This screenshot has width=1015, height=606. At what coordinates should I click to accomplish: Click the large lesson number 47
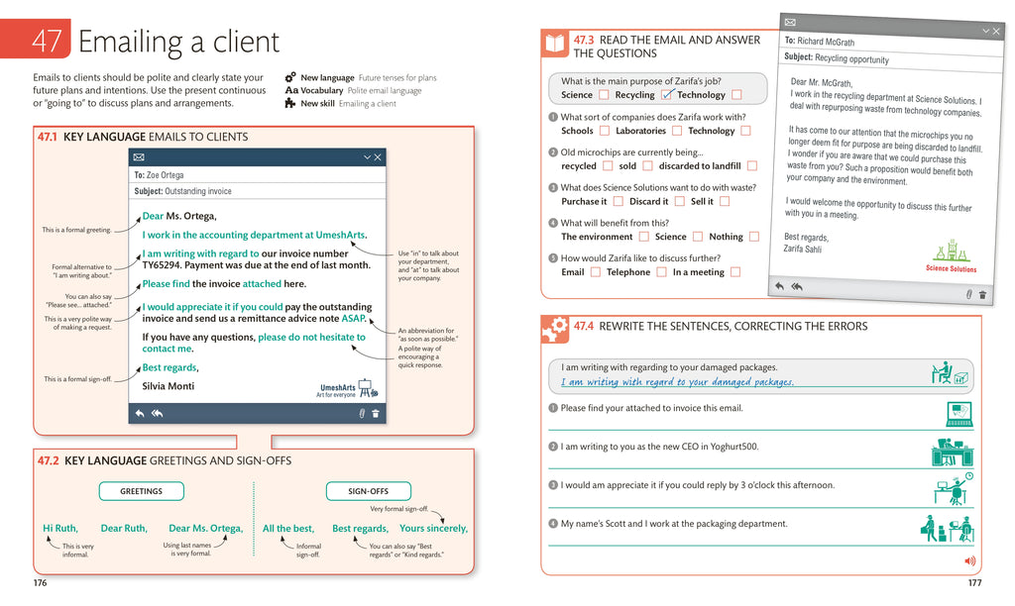pos(48,41)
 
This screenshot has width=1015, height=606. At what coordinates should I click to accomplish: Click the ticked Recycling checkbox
pos(667,95)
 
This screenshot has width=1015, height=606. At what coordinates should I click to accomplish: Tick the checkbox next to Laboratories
pos(677,131)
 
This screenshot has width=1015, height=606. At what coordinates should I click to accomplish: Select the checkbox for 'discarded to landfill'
pos(752,166)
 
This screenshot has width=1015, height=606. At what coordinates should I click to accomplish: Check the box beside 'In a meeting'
pos(735,272)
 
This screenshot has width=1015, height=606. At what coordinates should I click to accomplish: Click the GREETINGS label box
pos(141,491)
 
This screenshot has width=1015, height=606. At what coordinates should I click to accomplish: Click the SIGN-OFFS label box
pos(368,491)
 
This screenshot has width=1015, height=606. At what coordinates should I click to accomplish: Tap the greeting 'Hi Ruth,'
pos(59,529)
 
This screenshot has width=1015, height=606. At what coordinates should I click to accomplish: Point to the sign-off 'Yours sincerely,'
pos(433,529)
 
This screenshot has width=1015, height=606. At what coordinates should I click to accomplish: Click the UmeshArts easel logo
pos(364,387)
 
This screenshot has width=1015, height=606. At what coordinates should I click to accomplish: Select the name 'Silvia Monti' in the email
pos(169,386)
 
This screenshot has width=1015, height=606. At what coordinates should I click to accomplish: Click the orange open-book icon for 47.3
pos(554,44)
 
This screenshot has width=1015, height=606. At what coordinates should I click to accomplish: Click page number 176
pos(40,583)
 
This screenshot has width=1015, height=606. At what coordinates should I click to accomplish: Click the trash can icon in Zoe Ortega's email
pos(376,414)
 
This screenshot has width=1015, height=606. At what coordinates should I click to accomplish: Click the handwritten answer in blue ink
pos(677,382)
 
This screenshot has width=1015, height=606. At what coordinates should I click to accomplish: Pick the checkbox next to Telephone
pos(661,272)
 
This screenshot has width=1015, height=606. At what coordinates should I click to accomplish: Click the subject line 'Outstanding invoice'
pos(197,191)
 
